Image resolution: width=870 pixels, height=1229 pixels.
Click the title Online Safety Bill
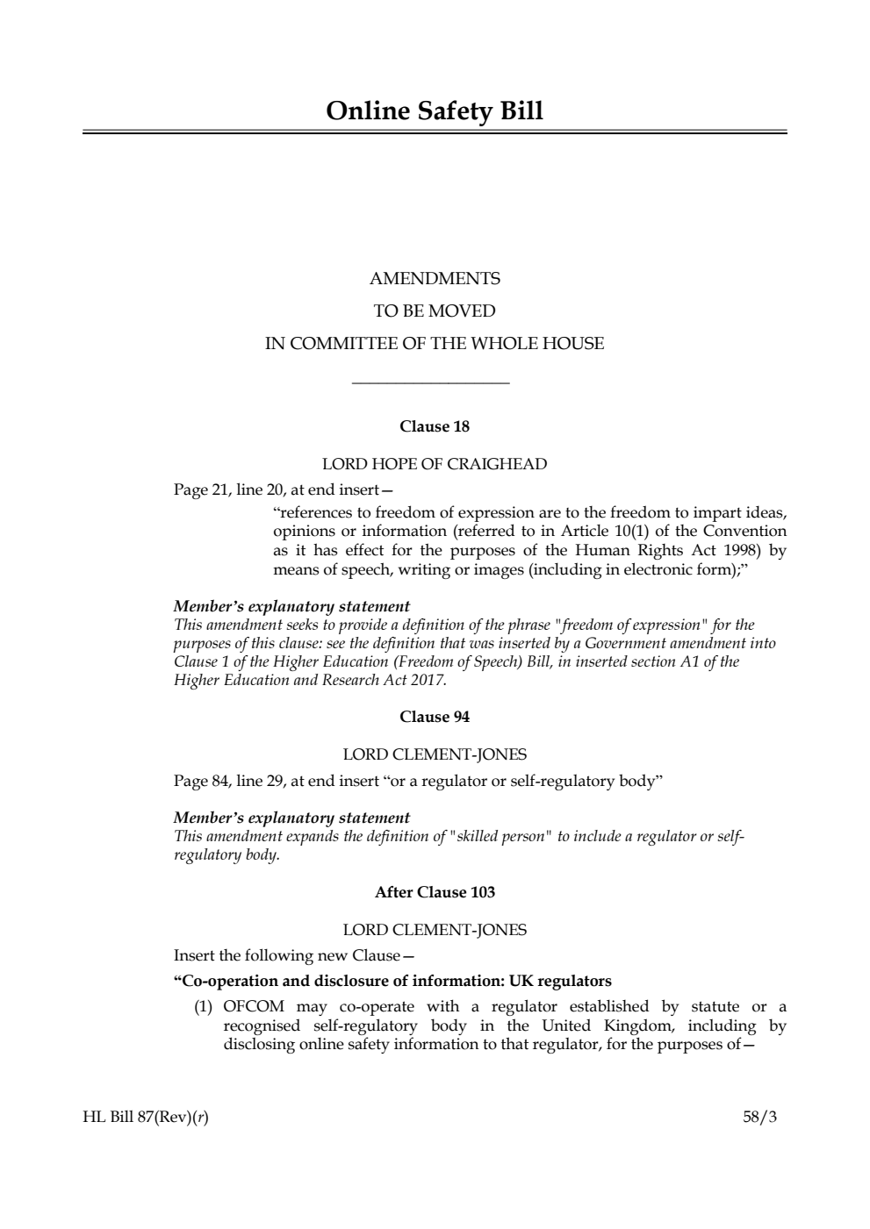435,111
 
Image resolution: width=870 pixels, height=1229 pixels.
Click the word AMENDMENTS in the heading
435,279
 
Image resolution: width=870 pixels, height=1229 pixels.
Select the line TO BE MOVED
435,311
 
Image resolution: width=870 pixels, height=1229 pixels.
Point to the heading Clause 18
435,426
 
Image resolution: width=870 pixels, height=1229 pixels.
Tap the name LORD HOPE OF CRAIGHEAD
435,464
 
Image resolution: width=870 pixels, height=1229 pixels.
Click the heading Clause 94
435,717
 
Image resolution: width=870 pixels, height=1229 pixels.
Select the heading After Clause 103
435,892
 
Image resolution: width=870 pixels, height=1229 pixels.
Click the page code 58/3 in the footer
759,1118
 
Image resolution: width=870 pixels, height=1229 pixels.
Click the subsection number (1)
204,1006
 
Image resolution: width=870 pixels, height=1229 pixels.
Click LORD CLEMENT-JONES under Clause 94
435,754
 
